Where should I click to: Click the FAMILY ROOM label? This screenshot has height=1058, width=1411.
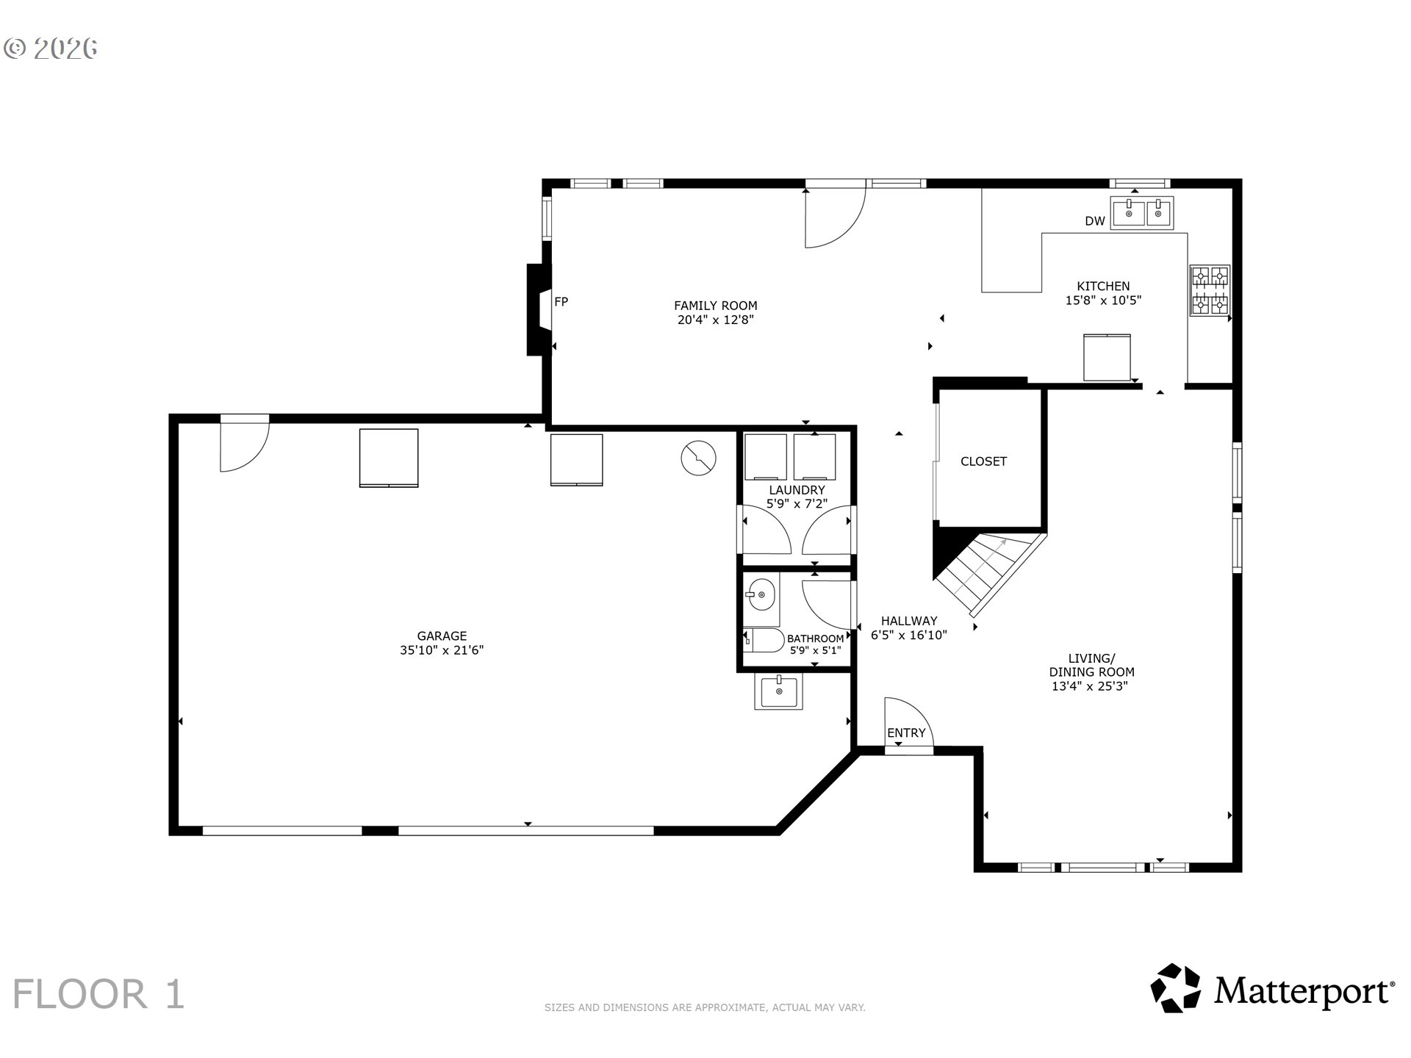tap(715, 306)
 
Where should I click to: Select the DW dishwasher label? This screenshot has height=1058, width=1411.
tap(1094, 221)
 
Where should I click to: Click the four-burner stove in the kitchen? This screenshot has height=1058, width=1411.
tap(1209, 290)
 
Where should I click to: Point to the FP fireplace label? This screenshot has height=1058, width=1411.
tap(561, 301)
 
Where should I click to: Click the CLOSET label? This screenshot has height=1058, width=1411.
tap(983, 461)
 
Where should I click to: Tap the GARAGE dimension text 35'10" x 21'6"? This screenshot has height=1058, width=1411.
tap(442, 650)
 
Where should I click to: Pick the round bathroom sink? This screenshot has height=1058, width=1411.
tap(761, 594)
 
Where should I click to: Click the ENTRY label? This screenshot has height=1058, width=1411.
tap(905, 733)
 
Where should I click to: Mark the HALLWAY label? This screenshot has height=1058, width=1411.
tap(909, 621)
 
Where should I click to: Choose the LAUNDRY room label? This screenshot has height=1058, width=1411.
tap(797, 490)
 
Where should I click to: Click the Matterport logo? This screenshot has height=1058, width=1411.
tap(1272, 989)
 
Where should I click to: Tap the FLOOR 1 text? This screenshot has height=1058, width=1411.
tap(98, 994)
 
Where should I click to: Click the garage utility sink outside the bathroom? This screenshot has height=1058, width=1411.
tap(778, 691)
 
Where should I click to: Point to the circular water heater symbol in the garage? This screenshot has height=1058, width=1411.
tap(698, 458)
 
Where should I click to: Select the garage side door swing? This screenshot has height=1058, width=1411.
tap(243, 445)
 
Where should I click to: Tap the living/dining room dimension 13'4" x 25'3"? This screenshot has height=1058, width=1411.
tap(1090, 686)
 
